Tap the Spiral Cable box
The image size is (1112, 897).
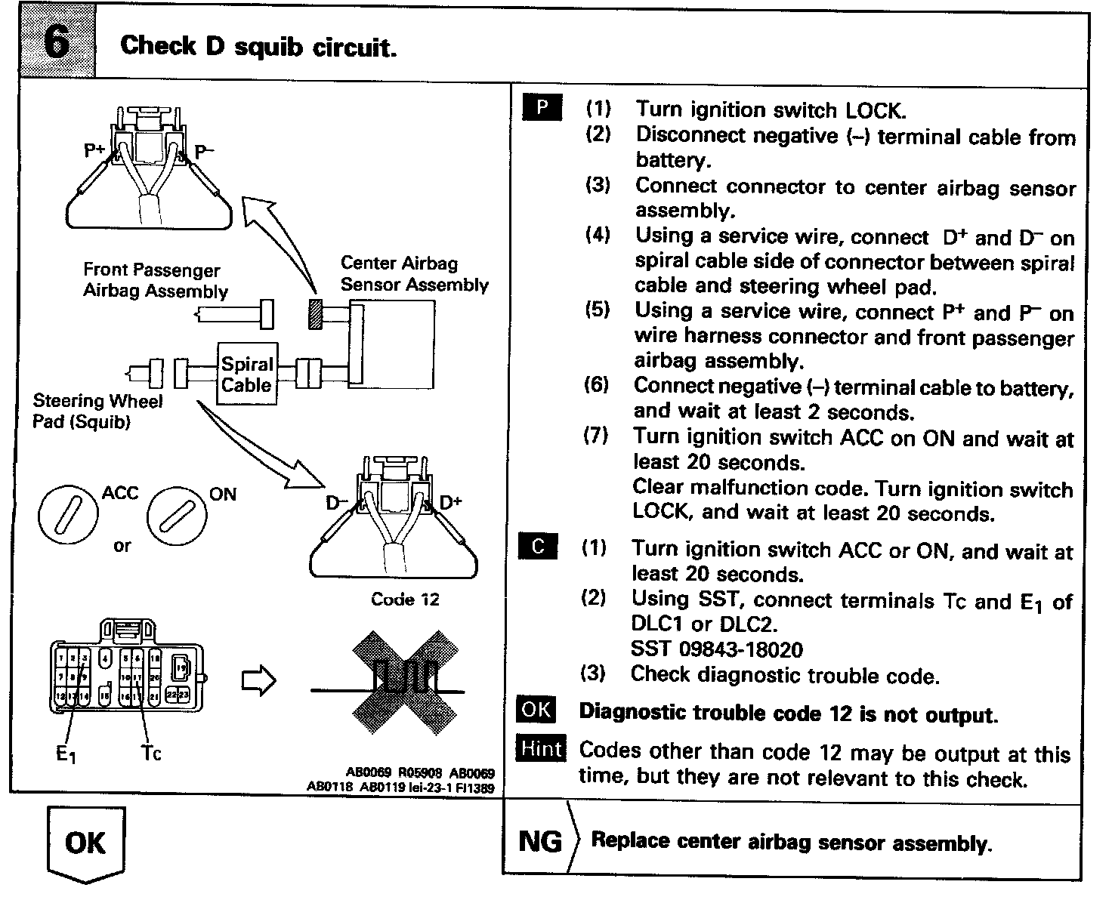pyautogui.click(x=246, y=375)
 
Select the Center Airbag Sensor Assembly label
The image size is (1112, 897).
pyautogui.click(x=413, y=274)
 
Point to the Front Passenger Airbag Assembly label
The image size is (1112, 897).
pyautogui.click(x=155, y=280)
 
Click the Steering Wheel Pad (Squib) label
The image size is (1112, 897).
pyautogui.click(x=97, y=412)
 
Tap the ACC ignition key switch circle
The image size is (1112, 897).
pyautogui.click(x=69, y=516)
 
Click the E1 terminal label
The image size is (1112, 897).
pyautogui.click(x=66, y=754)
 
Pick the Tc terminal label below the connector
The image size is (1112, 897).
pyautogui.click(x=150, y=753)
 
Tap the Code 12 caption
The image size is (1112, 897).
pyautogui.click(x=405, y=600)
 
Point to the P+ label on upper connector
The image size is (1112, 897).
pyautogui.click(x=94, y=151)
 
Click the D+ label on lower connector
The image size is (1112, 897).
pyautogui.click(x=451, y=502)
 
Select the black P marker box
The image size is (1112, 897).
pyautogui.click(x=542, y=108)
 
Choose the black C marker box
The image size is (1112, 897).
pyautogui.click(x=538, y=547)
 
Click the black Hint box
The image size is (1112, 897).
pyautogui.click(x=541, y=750)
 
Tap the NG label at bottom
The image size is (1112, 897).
pyautogui.click(x=540, y=841)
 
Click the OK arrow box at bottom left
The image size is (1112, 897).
pyautogui.click(x=85, y=843)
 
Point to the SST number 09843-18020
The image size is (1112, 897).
pyautogui.click(x=716, y=649)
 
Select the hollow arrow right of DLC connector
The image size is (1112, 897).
pyautogui.click(x=258, y=680)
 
